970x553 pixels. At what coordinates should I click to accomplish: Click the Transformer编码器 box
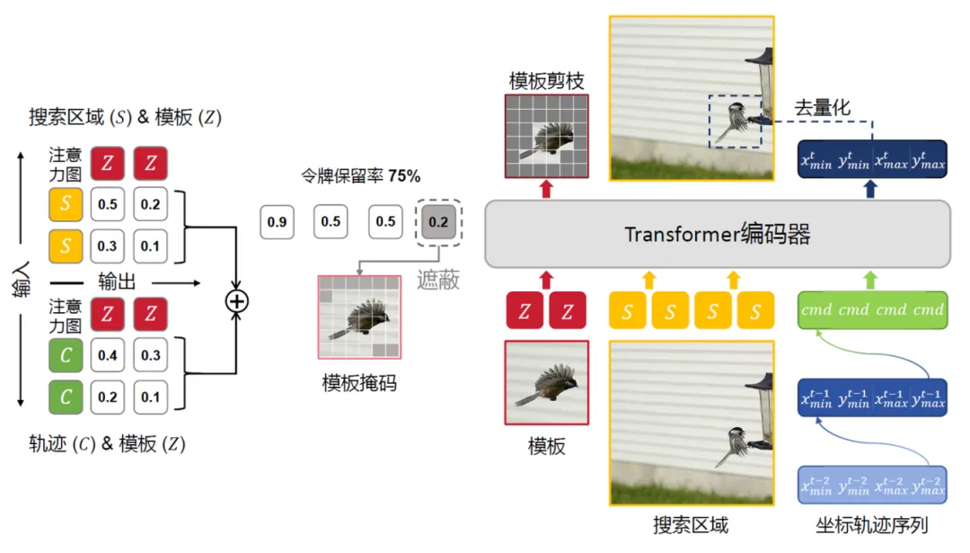pos(718,235)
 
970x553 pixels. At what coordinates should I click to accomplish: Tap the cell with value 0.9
pos(278,222)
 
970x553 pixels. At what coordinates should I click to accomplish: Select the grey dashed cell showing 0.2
pos(438,222)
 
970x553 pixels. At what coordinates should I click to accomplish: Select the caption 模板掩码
pos(359,384)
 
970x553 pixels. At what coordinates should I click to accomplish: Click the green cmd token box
pos(872,309)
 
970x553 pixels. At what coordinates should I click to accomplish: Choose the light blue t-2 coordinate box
pos(872,486)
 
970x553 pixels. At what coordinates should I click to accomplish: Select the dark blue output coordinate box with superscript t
pos(872,160)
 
